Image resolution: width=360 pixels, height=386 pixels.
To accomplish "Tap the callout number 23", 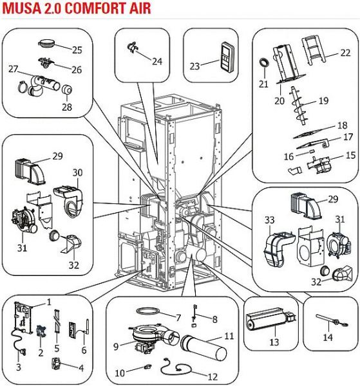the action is [194, 66].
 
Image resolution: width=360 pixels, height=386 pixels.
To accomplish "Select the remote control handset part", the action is [227, 57].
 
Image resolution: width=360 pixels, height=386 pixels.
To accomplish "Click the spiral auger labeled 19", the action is [299, 106].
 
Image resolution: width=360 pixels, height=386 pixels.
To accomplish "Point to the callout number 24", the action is [157, 61].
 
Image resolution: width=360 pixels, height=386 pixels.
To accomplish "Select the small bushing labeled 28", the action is [66, 89].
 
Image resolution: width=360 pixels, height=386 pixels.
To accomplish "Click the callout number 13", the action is [274, 342].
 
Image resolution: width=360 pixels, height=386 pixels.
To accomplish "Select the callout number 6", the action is [84, 350].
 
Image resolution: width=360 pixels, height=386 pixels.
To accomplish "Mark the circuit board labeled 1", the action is [23, 317].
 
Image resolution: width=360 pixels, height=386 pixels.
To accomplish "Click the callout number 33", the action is [270, 219].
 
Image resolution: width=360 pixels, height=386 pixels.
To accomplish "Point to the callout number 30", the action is [77, 172].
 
